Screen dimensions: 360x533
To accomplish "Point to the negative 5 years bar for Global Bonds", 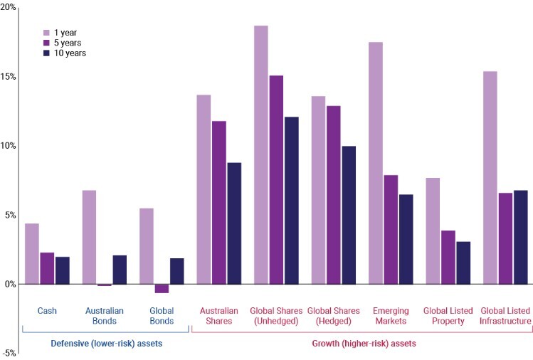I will pos(162,288).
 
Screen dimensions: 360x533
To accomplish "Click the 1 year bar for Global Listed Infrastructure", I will pos(490,177).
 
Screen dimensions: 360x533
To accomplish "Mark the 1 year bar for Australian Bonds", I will pos(89,237).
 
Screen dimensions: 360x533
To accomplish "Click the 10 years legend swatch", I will pos(46,53).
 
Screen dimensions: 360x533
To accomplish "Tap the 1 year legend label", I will pos(66,33).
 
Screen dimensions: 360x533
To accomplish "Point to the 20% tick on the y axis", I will pos(8,7).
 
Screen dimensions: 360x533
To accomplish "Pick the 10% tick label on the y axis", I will pos(8,145).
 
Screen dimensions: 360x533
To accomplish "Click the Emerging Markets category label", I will pos(390,315).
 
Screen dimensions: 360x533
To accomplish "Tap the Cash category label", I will pos(47,311).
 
